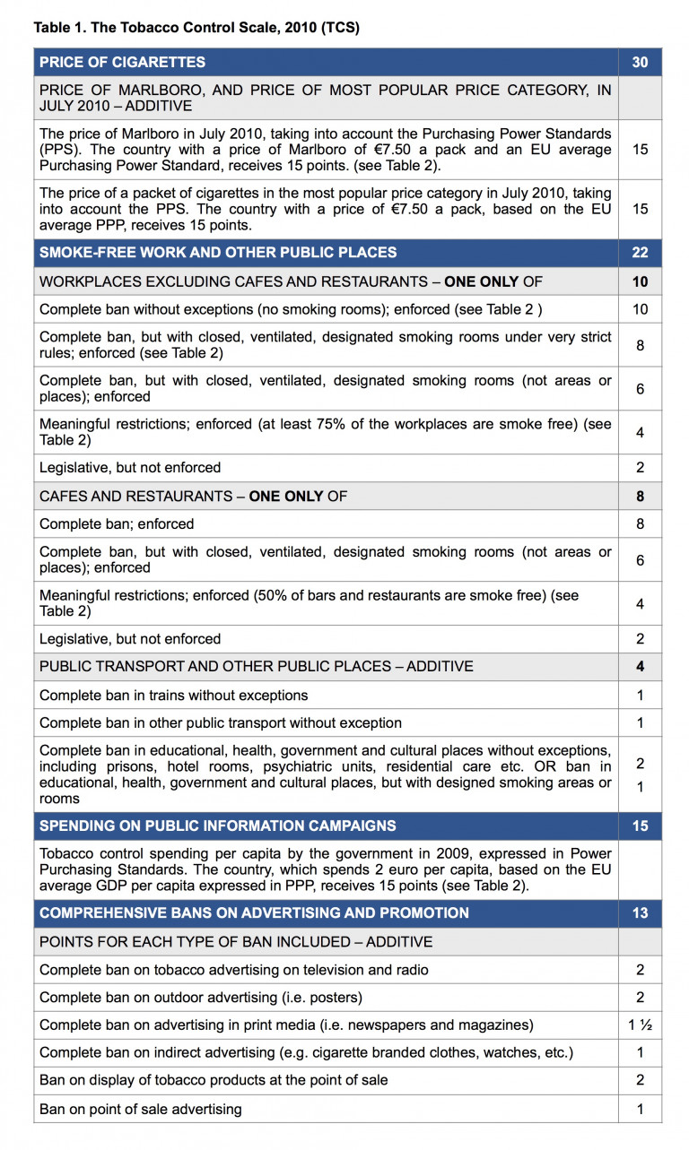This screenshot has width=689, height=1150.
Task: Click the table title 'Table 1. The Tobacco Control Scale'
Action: tap(196, 28)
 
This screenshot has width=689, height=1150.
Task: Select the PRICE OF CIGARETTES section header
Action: tap(123, 62)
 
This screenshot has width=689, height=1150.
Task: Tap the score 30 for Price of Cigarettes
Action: tap(640, 62)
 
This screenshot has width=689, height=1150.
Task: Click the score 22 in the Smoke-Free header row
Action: tap(640, 253)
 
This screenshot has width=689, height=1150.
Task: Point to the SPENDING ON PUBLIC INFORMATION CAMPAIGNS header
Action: tap(217, 826)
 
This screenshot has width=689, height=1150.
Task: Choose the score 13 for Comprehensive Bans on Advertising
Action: tap(640, 912)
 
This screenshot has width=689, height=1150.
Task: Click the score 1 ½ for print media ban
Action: tap(640, 1025)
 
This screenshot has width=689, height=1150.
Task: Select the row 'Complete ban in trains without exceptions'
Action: tap(174, 696)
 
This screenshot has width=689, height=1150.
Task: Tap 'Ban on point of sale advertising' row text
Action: tap(141, 1110)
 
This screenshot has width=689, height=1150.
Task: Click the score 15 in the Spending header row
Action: tap(640, 826)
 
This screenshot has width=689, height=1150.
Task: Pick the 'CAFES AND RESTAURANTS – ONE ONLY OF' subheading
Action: tap(193, 496)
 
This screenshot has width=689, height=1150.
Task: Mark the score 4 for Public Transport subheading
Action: tap(640, 667)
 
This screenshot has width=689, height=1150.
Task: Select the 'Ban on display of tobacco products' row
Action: tap(214, 1080)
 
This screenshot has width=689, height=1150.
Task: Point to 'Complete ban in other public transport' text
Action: tap(221, 722)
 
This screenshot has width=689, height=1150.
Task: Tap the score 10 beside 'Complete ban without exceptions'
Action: tap(640, 309)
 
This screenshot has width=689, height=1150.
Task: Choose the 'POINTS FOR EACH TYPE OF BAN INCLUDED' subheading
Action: tap(236, 942)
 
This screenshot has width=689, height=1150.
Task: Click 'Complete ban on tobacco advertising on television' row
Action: tap(234, 970)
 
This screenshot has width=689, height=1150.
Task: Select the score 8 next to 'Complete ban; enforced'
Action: tap(640, 523)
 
